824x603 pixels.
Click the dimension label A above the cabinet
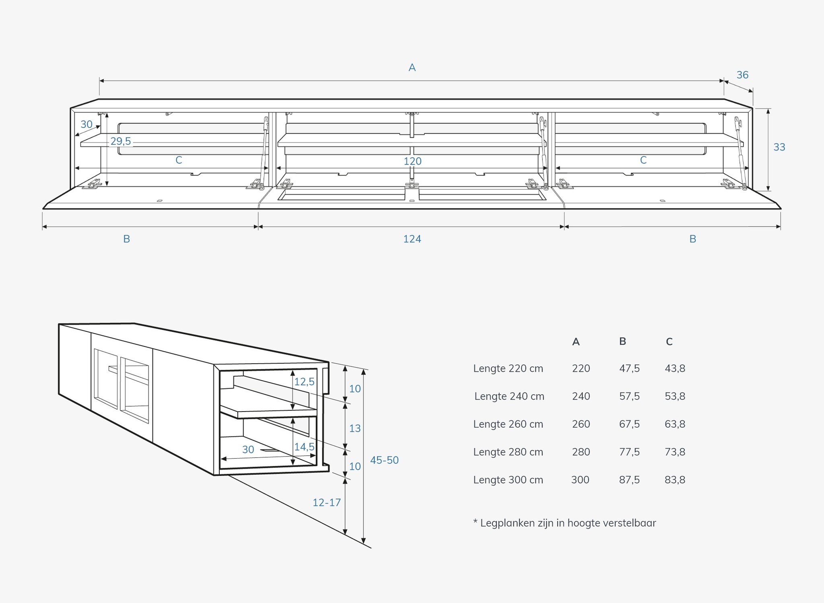(x=412, y=68)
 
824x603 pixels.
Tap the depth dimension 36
(x=742, y=75)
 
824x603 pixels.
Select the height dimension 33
(x=779, y=147)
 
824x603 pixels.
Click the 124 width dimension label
(x=412, y=239)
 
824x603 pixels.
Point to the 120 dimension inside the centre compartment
(x=412, y=161)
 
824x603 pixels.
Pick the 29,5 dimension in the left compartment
(x=121, y=141)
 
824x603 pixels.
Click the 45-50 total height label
(x=384, y=460)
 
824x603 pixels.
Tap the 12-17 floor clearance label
(x=327, y=502)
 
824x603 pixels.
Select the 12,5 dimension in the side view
(x=304, y=382)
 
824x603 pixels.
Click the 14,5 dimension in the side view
(x=304, y=447)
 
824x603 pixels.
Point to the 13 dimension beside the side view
(x=355, y=428)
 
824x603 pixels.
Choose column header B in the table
(x=622, y=342)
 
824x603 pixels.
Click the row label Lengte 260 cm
(x=508, y=424)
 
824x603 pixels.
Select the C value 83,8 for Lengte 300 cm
(x=675, y=480)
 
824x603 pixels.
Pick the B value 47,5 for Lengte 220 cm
(x=629, y=368)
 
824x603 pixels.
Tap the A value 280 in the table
(x=581, y=452)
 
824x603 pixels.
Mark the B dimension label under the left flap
(x=126, y=239)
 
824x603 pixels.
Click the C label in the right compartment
(x=643, y=160)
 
